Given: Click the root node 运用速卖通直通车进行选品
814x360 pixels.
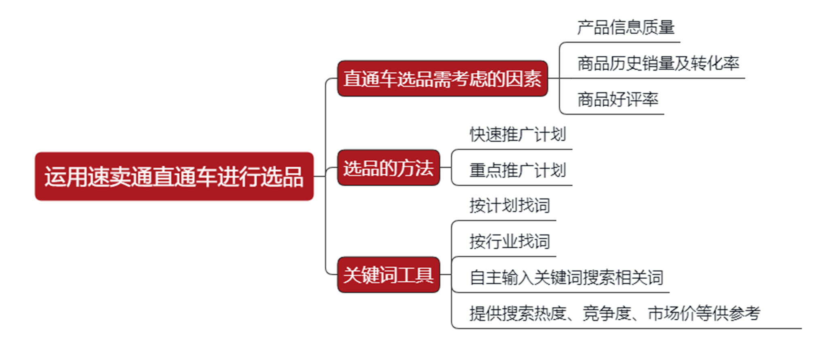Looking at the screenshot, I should click(x=174, y=177).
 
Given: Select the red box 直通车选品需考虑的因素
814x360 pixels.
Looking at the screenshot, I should click(x=442, y=79).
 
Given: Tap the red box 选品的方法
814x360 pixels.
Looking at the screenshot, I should click(x=388, y=168).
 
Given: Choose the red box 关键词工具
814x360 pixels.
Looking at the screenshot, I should click(x=388, y=275).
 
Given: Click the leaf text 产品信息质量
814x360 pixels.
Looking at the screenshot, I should click(x=626, y=28).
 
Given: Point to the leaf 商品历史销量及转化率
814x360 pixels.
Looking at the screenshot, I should click(x=658, y=64).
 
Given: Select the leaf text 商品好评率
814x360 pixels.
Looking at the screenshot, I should click(x=618, y=100).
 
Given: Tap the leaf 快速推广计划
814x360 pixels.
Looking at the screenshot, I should click(x=518, y=135).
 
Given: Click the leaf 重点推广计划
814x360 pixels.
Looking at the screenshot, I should click(x=518, y=170).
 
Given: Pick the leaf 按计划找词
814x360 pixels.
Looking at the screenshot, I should click(x=510, y=206).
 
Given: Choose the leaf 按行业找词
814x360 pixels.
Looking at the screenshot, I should click(x=510, y=242).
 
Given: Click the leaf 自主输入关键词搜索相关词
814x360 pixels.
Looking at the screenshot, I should click(x=566, y=278).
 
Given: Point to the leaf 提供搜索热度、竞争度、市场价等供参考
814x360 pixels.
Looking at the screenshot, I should click(x=614, y=313).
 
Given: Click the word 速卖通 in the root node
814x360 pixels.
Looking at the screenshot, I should click(x=109, y=177).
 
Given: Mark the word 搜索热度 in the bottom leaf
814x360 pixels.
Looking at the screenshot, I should click(x=534, y=313).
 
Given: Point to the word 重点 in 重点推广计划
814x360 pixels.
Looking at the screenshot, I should click(x=485, y=170).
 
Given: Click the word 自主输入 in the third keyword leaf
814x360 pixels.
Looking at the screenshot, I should click(x=502, y=278).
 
